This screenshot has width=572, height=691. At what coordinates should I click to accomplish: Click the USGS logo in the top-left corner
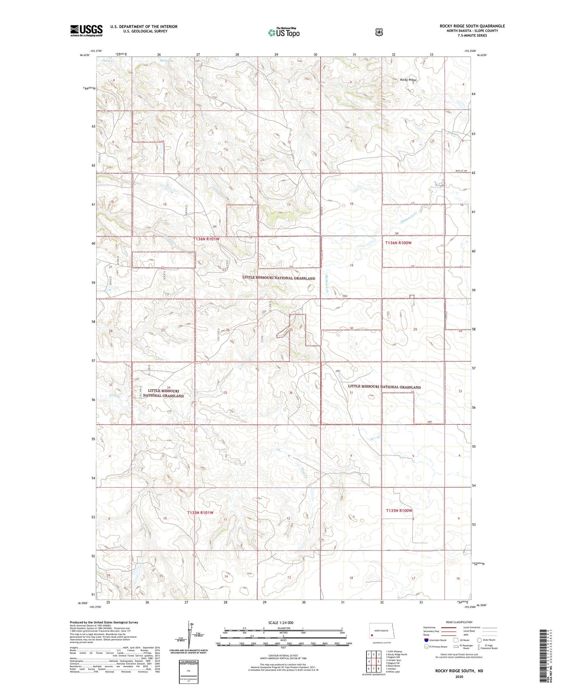click(x=86, y=30)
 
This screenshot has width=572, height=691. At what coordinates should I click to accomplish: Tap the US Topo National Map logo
click(x=283, y=32)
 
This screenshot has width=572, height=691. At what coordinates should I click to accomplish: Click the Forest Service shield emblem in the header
click(x=379, y=32)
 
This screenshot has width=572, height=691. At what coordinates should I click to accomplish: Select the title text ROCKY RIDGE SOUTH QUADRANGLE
click(x=472, y=26)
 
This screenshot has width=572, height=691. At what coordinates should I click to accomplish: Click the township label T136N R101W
click(x=206, y=239)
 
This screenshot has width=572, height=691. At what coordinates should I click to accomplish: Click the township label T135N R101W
click(x=200, y=513)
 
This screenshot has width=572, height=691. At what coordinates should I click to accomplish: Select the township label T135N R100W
click(x=399, y=511)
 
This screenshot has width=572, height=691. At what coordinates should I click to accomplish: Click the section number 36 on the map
click(x=291, y=393)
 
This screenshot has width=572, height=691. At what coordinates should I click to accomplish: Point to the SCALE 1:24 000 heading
click(x=281, y=623)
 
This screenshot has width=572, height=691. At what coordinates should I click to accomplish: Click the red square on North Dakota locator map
click(x=372, y=636)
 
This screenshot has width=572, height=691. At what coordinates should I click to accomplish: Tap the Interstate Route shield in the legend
click(x=426, y=640)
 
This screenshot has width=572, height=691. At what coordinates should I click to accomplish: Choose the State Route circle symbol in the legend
click(x=479, y=640)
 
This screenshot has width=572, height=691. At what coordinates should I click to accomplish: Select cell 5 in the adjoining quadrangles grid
click(x=379, y=661)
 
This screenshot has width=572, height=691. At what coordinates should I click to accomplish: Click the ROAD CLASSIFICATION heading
click(x=459, y=622)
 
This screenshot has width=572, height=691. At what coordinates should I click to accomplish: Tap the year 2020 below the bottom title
click(x=459, y=677)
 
